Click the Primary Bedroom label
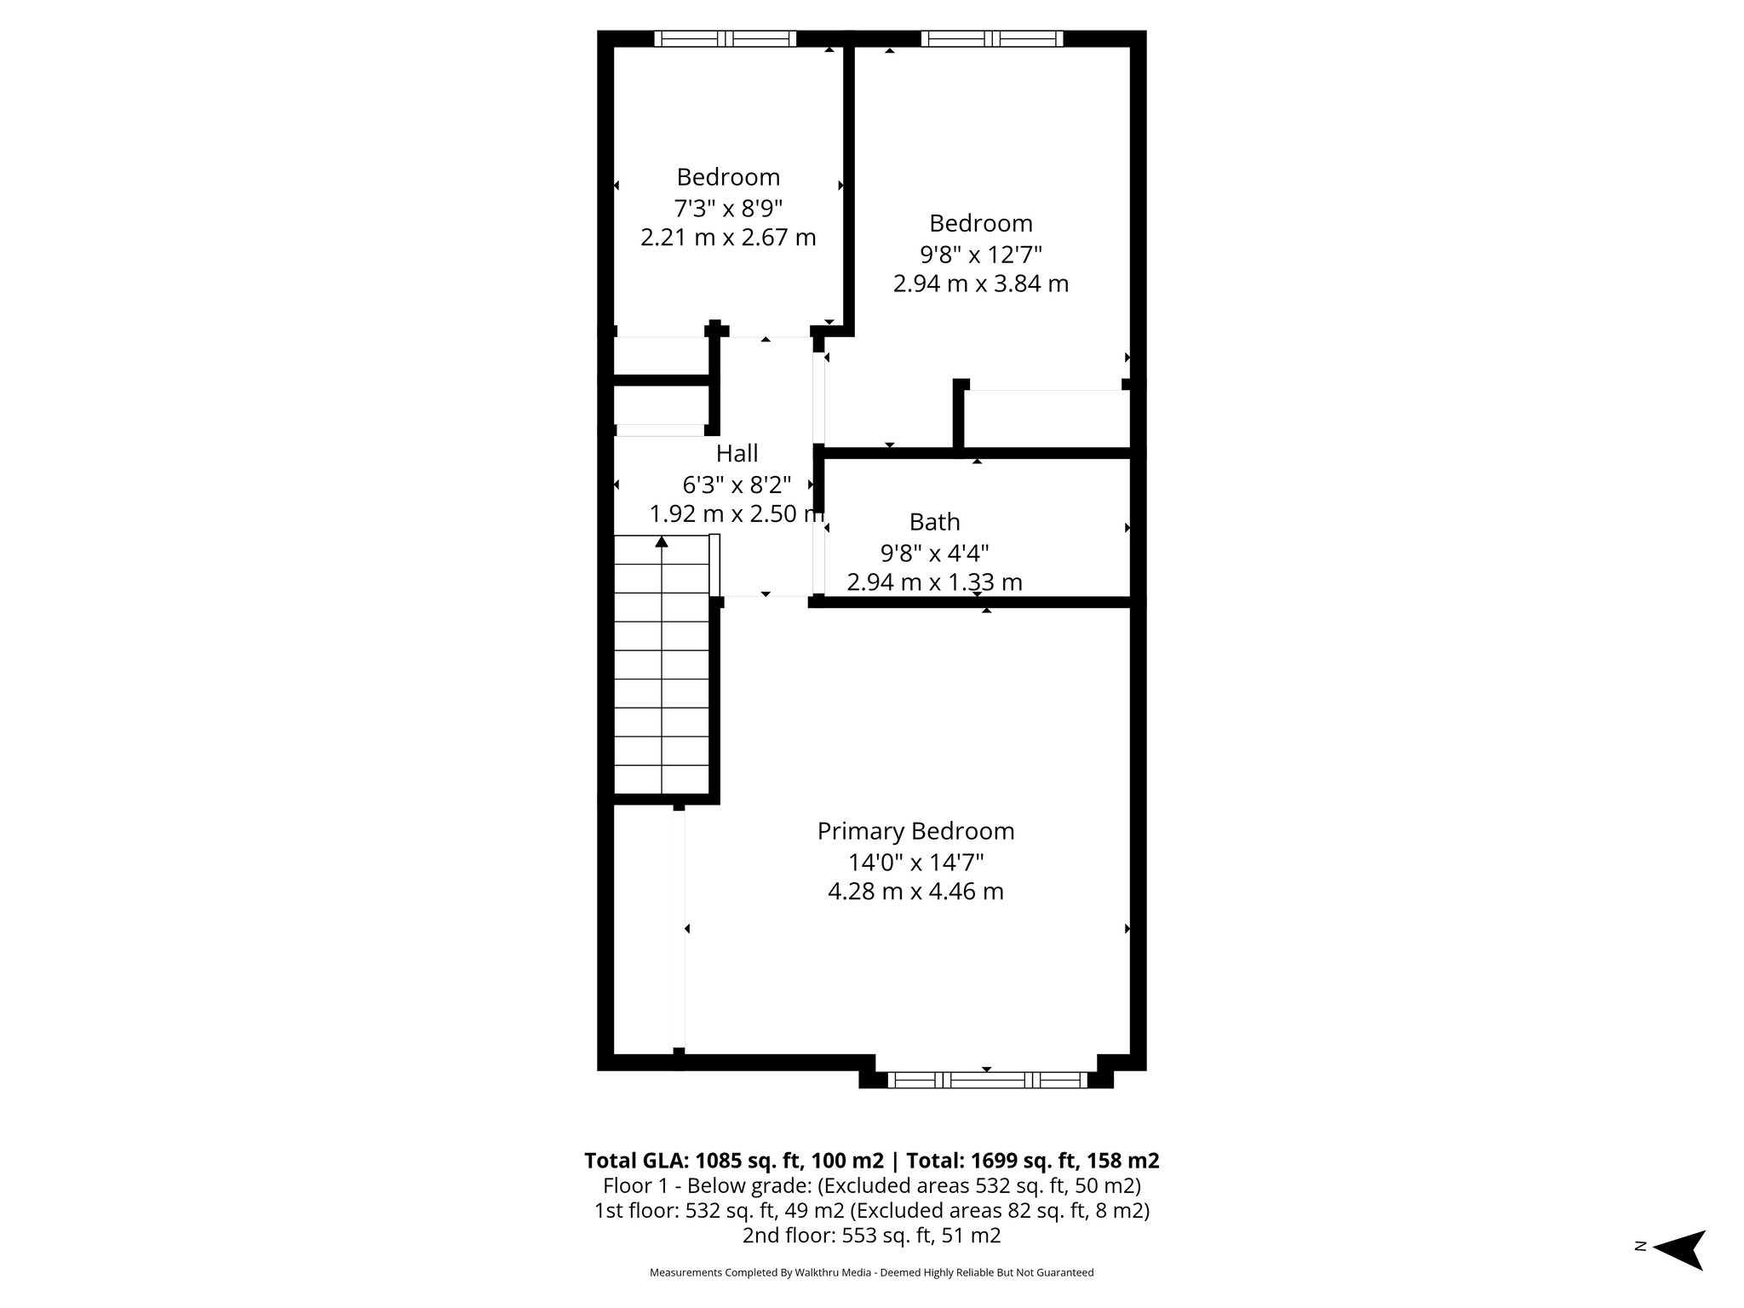point(915,831)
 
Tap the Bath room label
point(934,522)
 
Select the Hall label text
point(737,453)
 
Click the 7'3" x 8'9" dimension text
point(728,208)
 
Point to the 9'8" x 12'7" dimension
point(980,254)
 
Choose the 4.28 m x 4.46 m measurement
point(915,892)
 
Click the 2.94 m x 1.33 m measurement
point(934,582)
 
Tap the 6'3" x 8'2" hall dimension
point(737,485)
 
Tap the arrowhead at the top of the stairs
point(662,542)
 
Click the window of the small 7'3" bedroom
point(725,38)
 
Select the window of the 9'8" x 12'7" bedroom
point(992,38)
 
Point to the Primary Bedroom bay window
point(988,1080)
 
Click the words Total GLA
point(636,1161)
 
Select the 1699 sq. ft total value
point(1004,1161)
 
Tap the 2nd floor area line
point(871,1236)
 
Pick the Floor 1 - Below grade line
point(871,1185)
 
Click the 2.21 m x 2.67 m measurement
point(728,238)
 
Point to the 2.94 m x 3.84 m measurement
point(980,284)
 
